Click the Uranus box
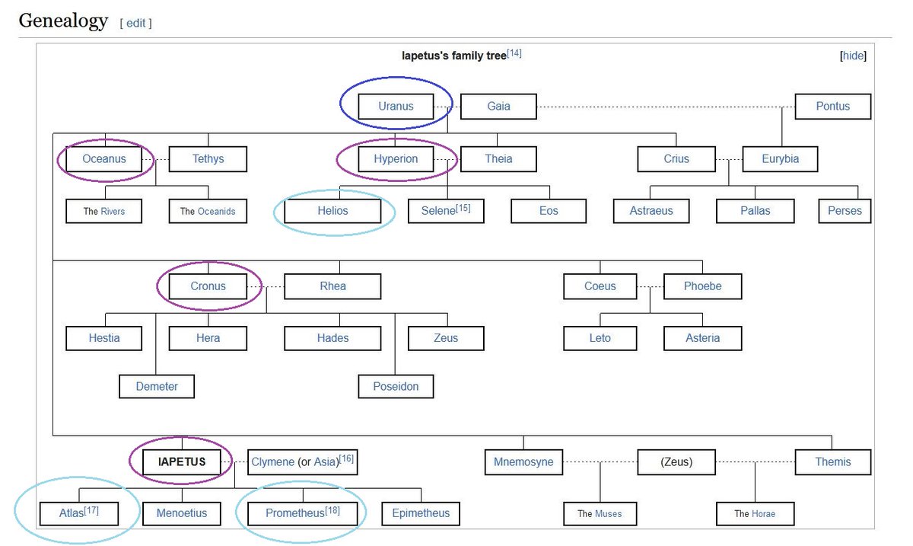coord(396,107)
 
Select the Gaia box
coord(498,107)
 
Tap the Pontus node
coord(832,107)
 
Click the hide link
coord(853,56)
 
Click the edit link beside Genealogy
coord(135,23)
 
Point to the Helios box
coord(332,211)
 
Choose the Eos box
coord(549,211)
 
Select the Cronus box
coord(208,286)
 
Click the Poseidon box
coord(396,386)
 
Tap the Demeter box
coord(157,386)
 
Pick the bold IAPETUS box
coord(182,461)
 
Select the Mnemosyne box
coord(523,461)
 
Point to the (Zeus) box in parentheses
coord(676,461)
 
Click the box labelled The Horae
coord(754,513)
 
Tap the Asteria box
coord(702,338)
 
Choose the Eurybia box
coord(780,159)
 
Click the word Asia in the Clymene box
coord(326,461)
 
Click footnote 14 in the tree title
coord(514,53)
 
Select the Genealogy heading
coord(63,21)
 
